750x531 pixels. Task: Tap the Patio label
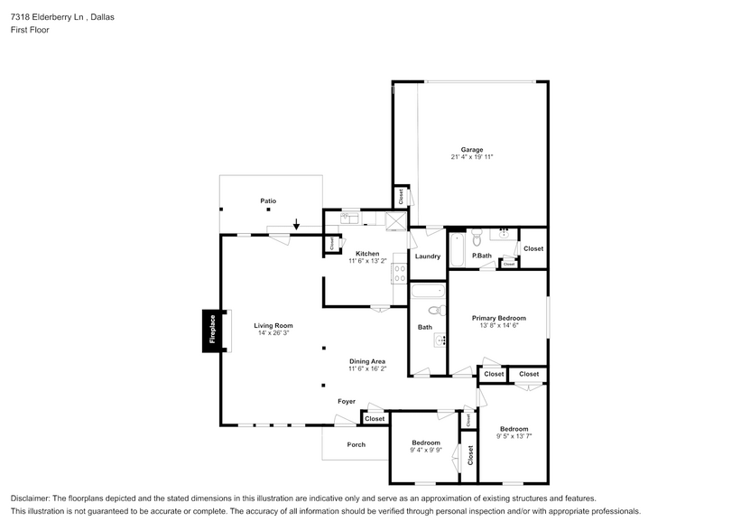[268, 200]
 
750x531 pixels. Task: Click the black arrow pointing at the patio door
[296, 223]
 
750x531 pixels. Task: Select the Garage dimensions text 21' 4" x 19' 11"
[472, 157]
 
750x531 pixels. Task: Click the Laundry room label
[427, 256]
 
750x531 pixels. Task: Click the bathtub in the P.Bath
[457, 250]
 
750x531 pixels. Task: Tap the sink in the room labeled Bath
[440, 340]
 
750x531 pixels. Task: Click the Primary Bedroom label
[498, 318]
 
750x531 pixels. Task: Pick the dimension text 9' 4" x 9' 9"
[425, 450]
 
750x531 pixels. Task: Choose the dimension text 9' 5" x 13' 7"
[514, 436]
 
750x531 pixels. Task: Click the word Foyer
[347, 401]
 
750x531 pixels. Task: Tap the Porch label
[356, 444]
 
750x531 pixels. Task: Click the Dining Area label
[367, 361]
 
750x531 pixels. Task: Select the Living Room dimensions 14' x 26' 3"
[273, 333]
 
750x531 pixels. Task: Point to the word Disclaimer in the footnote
[30, 498]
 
